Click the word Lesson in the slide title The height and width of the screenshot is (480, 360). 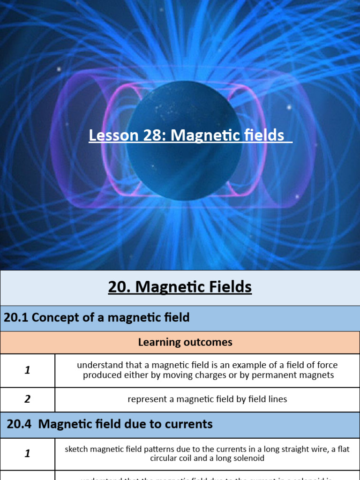[112, 135]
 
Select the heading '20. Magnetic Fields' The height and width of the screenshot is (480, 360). [180, 287]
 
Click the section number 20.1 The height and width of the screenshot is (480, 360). [15, 318]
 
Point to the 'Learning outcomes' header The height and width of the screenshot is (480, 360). [185, 342]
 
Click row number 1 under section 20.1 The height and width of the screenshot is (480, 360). [27, 370]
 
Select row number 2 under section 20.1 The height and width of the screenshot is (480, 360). [27, 399]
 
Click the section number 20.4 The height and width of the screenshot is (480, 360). [19, 424]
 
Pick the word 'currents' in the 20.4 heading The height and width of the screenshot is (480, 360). [190, 424]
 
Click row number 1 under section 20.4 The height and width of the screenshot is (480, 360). [27, 454]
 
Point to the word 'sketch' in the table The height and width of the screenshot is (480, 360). [76, 449]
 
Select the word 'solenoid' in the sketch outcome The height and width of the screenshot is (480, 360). [248, 458]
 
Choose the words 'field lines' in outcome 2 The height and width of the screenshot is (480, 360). [268, 399]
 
